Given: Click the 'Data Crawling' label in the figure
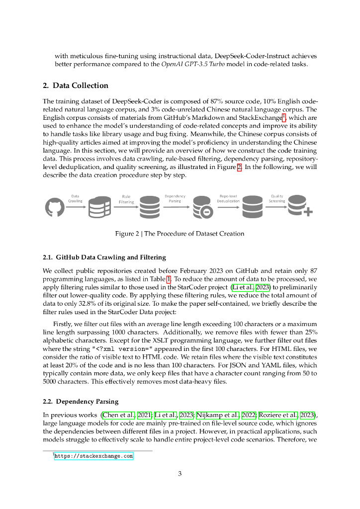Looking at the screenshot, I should [x=75, y=198].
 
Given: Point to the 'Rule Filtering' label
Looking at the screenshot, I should [x=126, y=199].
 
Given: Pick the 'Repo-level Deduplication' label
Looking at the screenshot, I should [x=228, y=198].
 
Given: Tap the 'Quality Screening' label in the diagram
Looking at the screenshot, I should [x=277, y=198].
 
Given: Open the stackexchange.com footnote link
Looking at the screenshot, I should [x=94, y=455].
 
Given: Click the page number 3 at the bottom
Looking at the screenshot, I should [x=180, y=473].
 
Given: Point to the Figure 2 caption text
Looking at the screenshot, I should [x=180, y=234].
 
